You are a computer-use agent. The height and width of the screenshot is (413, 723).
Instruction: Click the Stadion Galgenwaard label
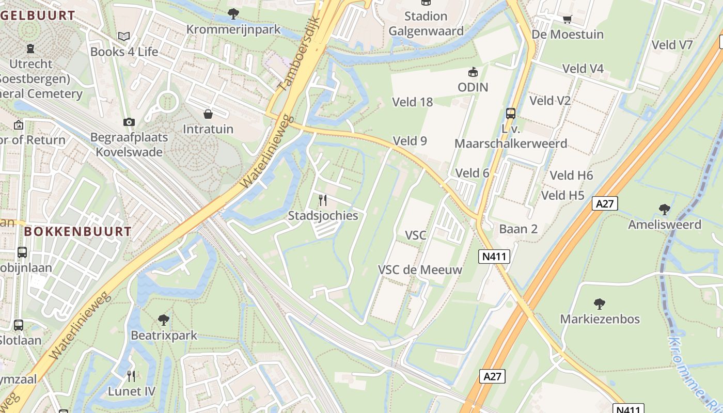point(426,24)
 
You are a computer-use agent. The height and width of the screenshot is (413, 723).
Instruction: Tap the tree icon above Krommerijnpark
point(233,14)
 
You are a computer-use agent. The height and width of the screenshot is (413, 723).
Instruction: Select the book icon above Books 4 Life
point(124,36)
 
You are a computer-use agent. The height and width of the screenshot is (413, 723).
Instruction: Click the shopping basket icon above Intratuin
point(208,114)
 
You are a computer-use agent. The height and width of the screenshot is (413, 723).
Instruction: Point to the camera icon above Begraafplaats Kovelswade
point(129,122)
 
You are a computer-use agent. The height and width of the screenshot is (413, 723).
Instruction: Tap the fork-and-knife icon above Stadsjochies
point(323,200)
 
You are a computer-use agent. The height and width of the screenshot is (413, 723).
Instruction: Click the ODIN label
point(473,87)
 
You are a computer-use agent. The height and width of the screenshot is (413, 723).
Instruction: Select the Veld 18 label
point(412,102)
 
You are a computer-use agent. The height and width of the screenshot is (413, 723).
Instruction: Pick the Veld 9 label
point(410,140)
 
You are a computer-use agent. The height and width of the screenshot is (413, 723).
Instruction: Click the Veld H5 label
point(562,196)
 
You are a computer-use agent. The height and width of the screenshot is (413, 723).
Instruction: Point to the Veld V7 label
point(672,45)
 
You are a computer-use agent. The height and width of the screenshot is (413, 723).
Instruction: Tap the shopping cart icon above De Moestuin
point(567,19)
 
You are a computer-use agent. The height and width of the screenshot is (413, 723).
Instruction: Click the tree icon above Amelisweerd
point(665,209)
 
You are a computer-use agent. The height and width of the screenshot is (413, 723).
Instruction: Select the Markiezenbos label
point(600,319)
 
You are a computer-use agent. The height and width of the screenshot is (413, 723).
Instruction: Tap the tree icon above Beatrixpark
point(164,320)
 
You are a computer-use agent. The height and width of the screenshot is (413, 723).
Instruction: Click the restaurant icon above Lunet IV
point(131,376)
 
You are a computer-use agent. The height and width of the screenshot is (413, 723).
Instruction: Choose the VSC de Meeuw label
point(420,269)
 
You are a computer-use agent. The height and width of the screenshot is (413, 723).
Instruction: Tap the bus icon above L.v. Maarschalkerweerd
point(511,113)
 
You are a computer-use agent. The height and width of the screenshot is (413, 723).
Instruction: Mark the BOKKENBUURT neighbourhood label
point(77,231)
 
